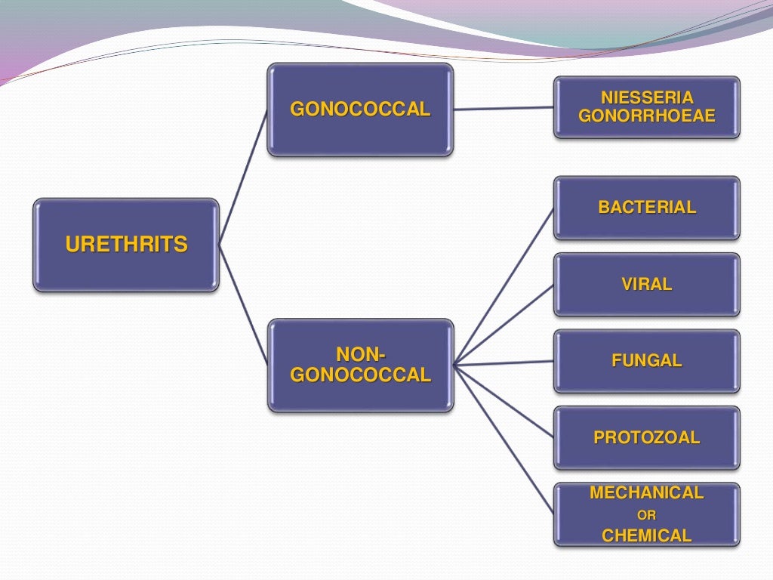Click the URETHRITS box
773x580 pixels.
[x=126, y=245]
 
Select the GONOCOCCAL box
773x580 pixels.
[x=360, y=110]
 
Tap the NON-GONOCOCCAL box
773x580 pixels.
[x=360, y=365]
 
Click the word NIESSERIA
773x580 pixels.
[x=647, y=97]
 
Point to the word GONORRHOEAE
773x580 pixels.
[x=647, y=116]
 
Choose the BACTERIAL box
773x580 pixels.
[x=647, y=208]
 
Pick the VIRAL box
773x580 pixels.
[x=647, y=285]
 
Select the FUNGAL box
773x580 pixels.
[x=647, y=361]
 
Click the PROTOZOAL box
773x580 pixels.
[x=647, y=438]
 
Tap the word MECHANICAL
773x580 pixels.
[x=647, y=493]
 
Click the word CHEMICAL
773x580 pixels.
[x=647, y=536]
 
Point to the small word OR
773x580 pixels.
[x=647, y=517]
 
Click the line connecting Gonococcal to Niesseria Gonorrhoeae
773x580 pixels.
[x=504, y=109]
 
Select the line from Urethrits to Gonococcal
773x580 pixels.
[x=243, y=177]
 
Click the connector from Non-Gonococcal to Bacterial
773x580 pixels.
[x=504, y=286]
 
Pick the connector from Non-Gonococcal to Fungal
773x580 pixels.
[x=504, y=363]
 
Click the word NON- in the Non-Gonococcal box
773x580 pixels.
[x=360, y=354]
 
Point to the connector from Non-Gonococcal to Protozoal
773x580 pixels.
[x=504, y=402]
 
